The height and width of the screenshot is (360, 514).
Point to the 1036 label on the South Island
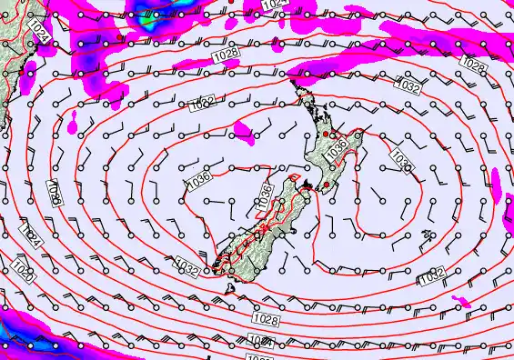pyautogui.click(x=265, y=195)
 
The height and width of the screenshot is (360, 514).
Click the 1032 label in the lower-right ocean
pyautogui.click(x=431, y=274)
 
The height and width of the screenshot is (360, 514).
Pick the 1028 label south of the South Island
pyautogui.click(x=266, y=319)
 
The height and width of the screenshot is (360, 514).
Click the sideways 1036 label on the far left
pyautogui.click(x=55, y=192)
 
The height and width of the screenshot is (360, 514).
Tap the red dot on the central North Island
pyautogui.click(x=325, y=135)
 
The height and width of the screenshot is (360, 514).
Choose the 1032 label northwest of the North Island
pyautogui.click(x=203, y=105)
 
